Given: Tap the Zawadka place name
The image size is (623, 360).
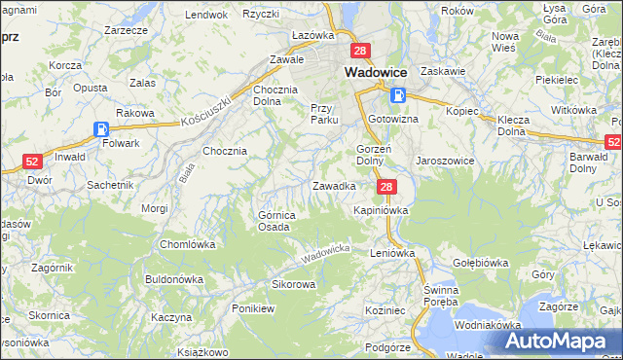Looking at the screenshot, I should (x=333, y=185).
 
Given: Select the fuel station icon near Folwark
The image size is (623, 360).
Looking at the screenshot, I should (x=102, y=128).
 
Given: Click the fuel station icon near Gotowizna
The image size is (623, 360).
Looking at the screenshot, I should (x=398, y=95).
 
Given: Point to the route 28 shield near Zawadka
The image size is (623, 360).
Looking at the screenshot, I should (x=386, y=187).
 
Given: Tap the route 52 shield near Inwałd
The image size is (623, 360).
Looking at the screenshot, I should (x=32, y=162).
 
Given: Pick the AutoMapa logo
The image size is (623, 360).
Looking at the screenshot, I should (x=561, y=341).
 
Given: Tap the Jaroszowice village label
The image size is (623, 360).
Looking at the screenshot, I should (x=444, y=161).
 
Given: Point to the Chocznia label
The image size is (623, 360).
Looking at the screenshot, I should (x=225, y=151).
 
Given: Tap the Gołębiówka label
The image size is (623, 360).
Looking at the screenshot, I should (x=481, y=263).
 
